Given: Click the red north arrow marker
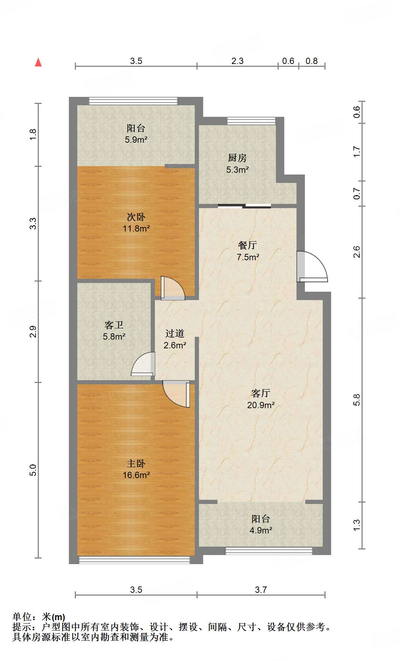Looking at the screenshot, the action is (x=38, y=63).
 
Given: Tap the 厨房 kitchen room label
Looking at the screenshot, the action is (x=237, y=158).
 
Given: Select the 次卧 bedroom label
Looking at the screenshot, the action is (x=136, y=217).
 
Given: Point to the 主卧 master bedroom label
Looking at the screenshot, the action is (x=136, y=464).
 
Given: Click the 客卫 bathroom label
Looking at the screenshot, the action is (x=114, y=325).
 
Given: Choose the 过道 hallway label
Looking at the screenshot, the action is (x=175, y=334).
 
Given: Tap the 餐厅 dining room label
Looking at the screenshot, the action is (x=248, y=245).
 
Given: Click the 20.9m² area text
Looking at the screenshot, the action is (x=261, y=405).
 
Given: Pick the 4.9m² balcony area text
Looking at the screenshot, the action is (x=261, y=530).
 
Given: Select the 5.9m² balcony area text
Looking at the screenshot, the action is (x=136, y=140).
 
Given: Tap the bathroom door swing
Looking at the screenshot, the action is (x=143, y=364).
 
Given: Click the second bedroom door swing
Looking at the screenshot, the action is (x=173, y=288).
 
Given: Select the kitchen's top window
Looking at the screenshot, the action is (x=251, y=121).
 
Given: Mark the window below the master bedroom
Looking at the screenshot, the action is (x=135, y=560).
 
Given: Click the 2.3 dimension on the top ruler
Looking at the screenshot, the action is (x=237, y=61).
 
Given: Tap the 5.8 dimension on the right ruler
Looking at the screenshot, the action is (x=356, y=400).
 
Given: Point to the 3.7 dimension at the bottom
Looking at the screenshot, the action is (x=261, y=590).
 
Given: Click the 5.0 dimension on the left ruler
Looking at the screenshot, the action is (x=33, y=470).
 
